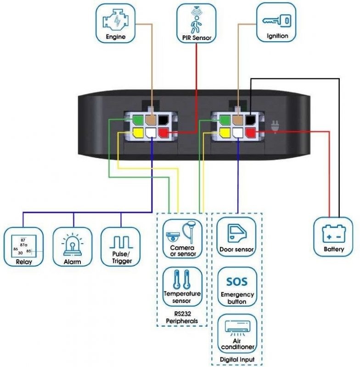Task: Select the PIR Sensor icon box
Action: click(196, 22)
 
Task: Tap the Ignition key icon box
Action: click(276, 22)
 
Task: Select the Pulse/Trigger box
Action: click(121, 247)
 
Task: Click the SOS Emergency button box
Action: click(237, 286)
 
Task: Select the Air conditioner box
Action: click(237, 333)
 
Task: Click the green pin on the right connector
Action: click(225, 120)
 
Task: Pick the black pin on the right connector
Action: click(250, 120)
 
